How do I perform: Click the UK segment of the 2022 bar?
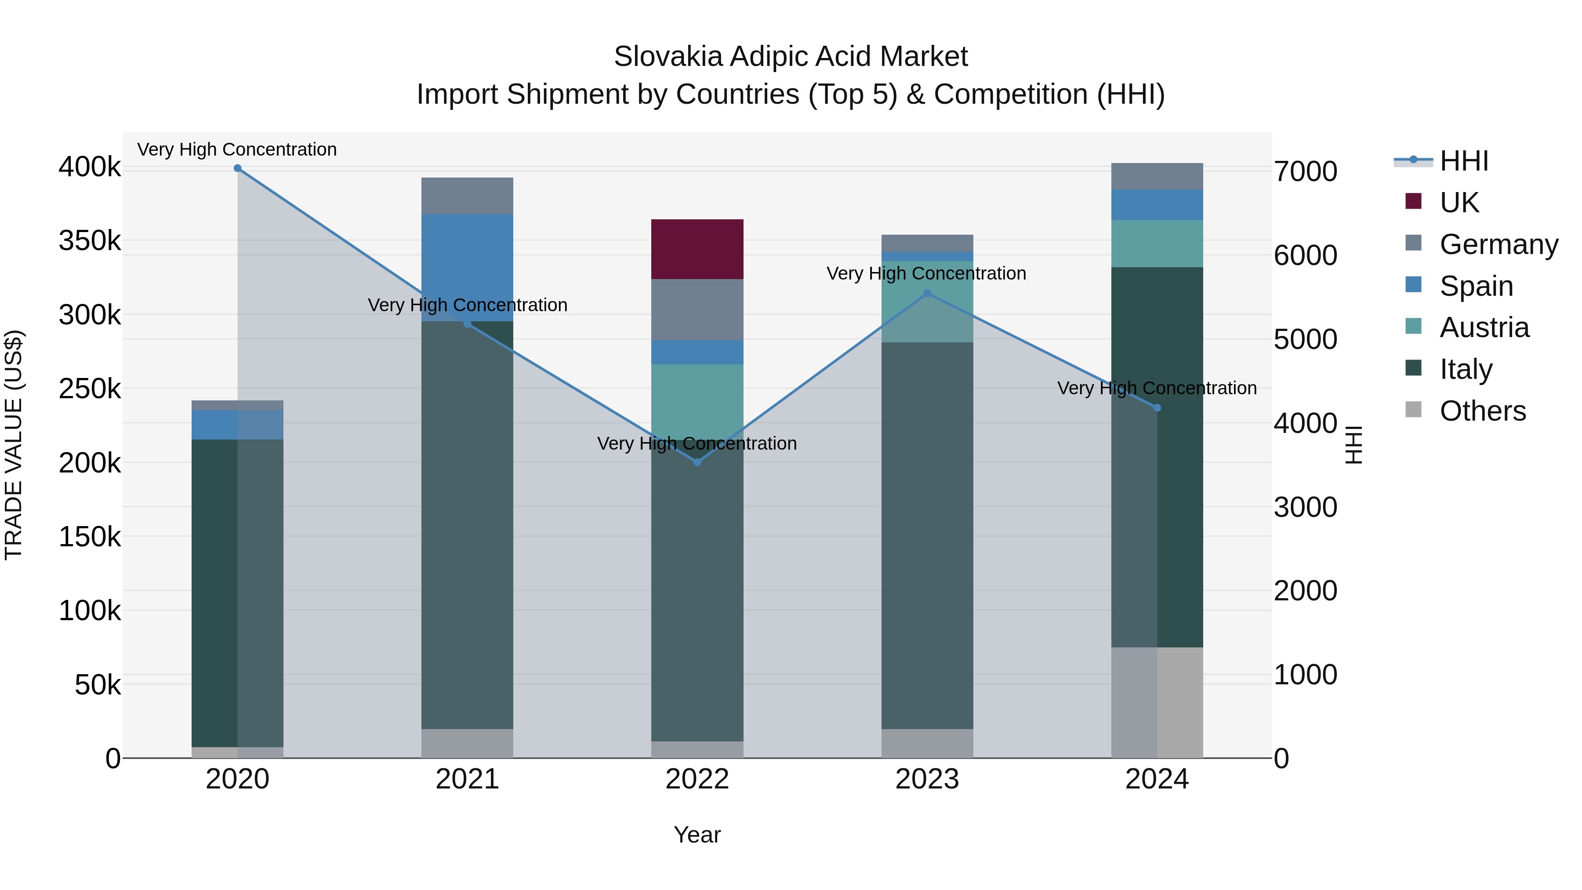click(697, 249)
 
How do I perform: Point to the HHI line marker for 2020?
click(238, 168)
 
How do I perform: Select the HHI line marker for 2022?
click(697, 462)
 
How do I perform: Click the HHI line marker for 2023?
click(927, 294)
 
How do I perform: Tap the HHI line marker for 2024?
click(1157, 408)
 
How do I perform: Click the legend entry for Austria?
click(1484, 327)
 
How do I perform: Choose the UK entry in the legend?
click(1459, 202)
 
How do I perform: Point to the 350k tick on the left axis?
click(90, 241)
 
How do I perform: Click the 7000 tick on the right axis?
click(1305, 171)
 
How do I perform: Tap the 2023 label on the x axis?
click(927, 779)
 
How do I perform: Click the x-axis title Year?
click(697, 835)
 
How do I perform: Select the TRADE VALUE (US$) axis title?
click(14, 445)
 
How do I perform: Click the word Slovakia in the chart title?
click(668, 57)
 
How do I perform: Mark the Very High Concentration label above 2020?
click(237, 149)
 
